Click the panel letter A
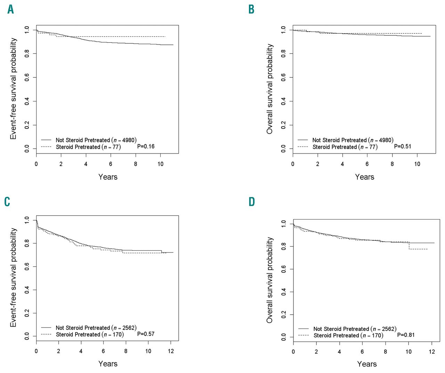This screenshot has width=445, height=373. click(x=11, y=9)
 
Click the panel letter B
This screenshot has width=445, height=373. click(x=251, y=9)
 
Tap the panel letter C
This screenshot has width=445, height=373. click(x=7, y=202)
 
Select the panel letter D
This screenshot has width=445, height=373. click(x=252, y=202)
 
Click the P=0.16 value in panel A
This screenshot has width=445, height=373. click(x=146, y=147)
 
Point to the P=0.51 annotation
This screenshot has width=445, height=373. click(x=402, y=147)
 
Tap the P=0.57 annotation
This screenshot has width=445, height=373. click(x=146, y=334)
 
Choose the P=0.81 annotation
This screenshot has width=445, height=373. click(x=406, y=335)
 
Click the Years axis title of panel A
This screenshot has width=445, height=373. click(x=108, y=177)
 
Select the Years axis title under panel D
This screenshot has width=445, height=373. click(x=367, y=364)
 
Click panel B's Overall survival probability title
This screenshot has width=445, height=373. click(x=270, y=89)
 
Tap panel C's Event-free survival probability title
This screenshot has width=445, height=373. click(x=14, y=277)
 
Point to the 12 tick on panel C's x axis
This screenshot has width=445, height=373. click(x=171, y=351)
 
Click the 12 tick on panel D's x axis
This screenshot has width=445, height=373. click(x=432, y=352)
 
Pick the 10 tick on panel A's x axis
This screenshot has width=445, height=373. click(x=160, y=164)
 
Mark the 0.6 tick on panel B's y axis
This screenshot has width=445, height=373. click(x=284, y=77)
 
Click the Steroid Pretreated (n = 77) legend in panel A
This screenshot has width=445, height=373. click(x=88, y=147)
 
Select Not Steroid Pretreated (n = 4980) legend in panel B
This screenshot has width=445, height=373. click(x=353, y=140)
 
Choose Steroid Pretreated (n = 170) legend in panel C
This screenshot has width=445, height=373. click(x=89, y=335)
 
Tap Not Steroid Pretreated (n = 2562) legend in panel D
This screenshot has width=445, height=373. click(x=355, y=329)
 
